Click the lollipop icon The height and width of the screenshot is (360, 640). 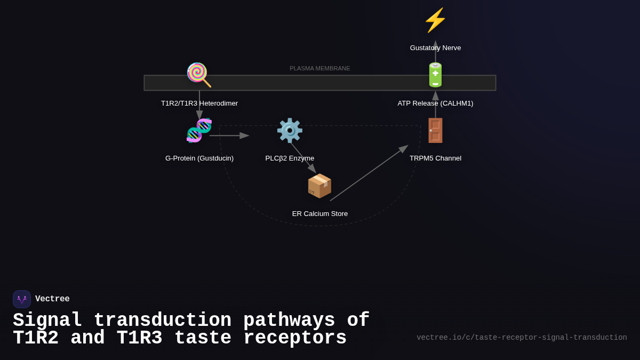pyautogui.click(x=198, y=75)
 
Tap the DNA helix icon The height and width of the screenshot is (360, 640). pyautogui.click(x=199, y=131)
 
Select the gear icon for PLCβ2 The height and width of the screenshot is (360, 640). pyautogui.click(x=290, y=131)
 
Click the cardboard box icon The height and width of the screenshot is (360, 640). pyautogui.click(x=319, y=186)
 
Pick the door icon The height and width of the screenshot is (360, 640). pyautogui.click(x=435, y=131)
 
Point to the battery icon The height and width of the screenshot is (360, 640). pyautogui.click(x=435, y=75)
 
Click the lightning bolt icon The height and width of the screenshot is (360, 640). pyautogui.click(x=435, y=20)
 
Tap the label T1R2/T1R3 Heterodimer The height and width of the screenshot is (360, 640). pyautogui.click(x=199, y=103)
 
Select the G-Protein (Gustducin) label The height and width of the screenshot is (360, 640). pyautogui.click(x=199, y=158)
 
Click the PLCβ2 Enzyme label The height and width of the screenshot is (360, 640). pyautogui.click(x=290, y=158)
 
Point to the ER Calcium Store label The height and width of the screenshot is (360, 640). pyautogui.click(x=320, y=214)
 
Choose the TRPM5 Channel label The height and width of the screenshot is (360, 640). pyautogui.click(x=435, y=158)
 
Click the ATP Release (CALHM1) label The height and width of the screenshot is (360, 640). pyautogui.click(x=435, y=103)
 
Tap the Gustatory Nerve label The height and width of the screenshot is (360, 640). pyautogui.click(x=435, y=48)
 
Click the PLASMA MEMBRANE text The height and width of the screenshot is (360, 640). pyautogui.click(x=320, y=68)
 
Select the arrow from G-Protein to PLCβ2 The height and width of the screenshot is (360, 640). pyautogui.click(x=229, y=135)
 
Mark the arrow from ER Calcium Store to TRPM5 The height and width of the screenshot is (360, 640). pyautogui.click(x=369, y=173)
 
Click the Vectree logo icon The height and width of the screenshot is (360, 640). pyautogui.click(x=22, y=299)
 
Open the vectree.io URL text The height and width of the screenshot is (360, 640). pyautogui.click(x=522, y=338)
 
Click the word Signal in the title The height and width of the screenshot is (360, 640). pyautogui.click(x=47, y=321)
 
